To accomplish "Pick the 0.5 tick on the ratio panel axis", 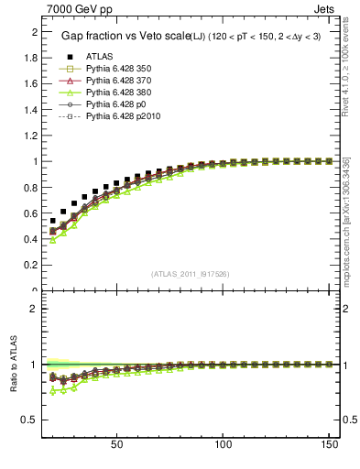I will tap(29, 420).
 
